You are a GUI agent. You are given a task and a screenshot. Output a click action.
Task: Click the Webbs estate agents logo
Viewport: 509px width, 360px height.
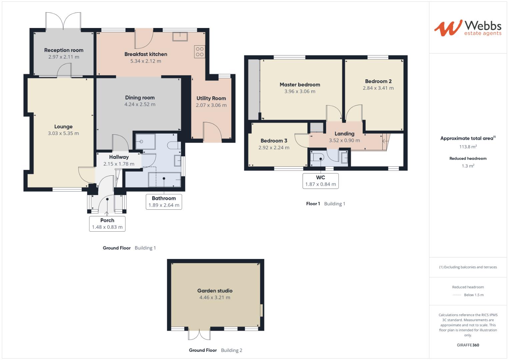point(468,28)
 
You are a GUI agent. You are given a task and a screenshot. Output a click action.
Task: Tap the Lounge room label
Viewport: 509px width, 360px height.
point(63,127)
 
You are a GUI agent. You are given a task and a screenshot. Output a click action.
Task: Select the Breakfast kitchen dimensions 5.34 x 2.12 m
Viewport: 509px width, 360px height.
point(146,61)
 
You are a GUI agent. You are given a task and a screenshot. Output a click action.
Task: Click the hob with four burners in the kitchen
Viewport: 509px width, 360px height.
point(200,52)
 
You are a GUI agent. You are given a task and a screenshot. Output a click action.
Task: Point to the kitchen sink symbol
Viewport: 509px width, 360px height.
point(180,36)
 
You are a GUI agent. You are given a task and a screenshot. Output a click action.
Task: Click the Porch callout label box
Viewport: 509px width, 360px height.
point(107,224)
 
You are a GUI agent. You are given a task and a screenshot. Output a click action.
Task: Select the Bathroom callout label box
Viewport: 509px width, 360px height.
point(164,202)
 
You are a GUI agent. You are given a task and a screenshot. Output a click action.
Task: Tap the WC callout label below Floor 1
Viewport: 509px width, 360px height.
point(320,181)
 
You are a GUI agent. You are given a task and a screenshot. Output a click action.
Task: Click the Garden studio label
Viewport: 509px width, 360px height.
point(215,291)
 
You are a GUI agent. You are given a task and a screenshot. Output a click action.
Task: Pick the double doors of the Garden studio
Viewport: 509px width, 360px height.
point(199,334)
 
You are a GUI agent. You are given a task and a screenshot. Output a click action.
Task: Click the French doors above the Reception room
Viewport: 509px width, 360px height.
point(63,21)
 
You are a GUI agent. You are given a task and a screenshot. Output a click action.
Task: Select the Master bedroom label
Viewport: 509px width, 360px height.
point(300,85)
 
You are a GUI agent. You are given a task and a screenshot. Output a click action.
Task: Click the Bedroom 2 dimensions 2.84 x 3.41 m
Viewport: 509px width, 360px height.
point(378,88)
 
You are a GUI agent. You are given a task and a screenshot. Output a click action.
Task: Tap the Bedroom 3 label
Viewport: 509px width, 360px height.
point(274,141)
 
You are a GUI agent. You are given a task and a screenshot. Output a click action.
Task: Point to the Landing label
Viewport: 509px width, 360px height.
point(344,134)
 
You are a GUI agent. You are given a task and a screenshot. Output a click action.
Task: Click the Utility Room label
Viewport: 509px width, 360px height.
point(211,98)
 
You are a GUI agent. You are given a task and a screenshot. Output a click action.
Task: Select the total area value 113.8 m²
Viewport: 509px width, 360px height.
point(468,147)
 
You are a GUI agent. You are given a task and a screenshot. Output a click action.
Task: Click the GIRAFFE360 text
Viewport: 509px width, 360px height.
point(468,345)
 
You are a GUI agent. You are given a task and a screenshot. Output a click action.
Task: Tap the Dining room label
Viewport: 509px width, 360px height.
point(140,98)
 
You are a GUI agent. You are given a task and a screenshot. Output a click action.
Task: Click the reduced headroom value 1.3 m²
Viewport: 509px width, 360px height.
point(468,166)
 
